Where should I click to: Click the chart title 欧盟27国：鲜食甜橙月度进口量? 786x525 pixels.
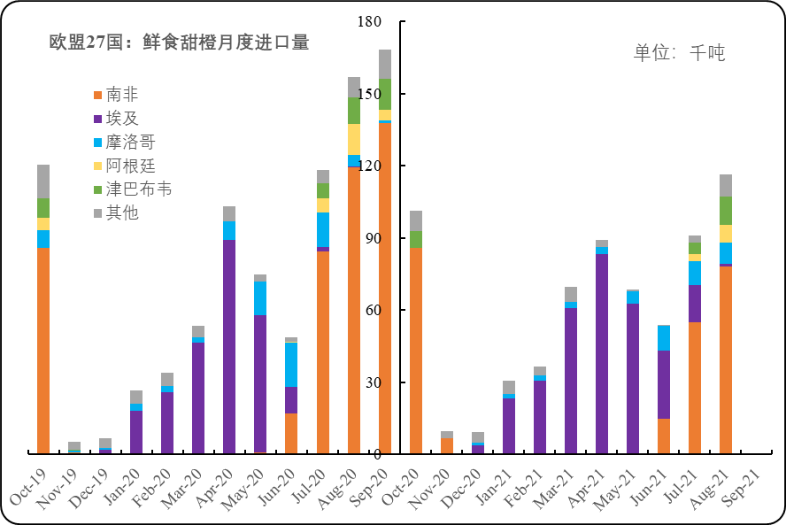179,42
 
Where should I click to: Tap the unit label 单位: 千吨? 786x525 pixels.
679,53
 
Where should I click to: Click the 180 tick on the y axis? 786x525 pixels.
370,22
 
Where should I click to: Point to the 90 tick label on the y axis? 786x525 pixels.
374,238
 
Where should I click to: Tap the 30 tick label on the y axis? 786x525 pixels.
374,382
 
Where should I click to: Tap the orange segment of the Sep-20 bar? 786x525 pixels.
385,288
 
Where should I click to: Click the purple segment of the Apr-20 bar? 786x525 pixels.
229,345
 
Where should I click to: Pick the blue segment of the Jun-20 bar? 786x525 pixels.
291,365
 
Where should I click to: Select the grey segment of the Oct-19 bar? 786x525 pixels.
43,181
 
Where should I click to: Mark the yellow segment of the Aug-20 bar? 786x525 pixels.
354,139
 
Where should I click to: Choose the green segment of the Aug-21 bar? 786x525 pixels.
726,211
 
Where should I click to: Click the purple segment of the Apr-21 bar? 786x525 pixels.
602,354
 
